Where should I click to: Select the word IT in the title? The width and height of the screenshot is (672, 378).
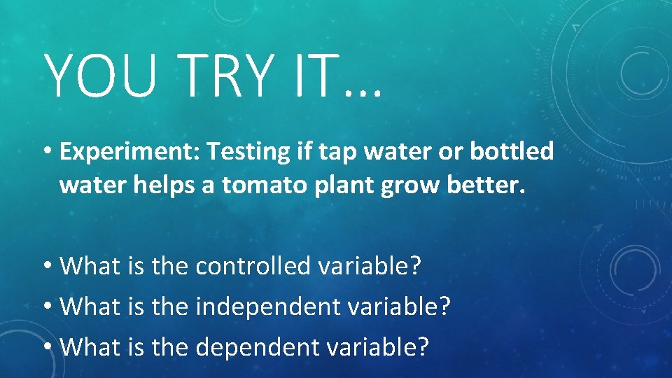click(321, 76)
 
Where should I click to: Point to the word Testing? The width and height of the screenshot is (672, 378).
click(240, 152)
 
